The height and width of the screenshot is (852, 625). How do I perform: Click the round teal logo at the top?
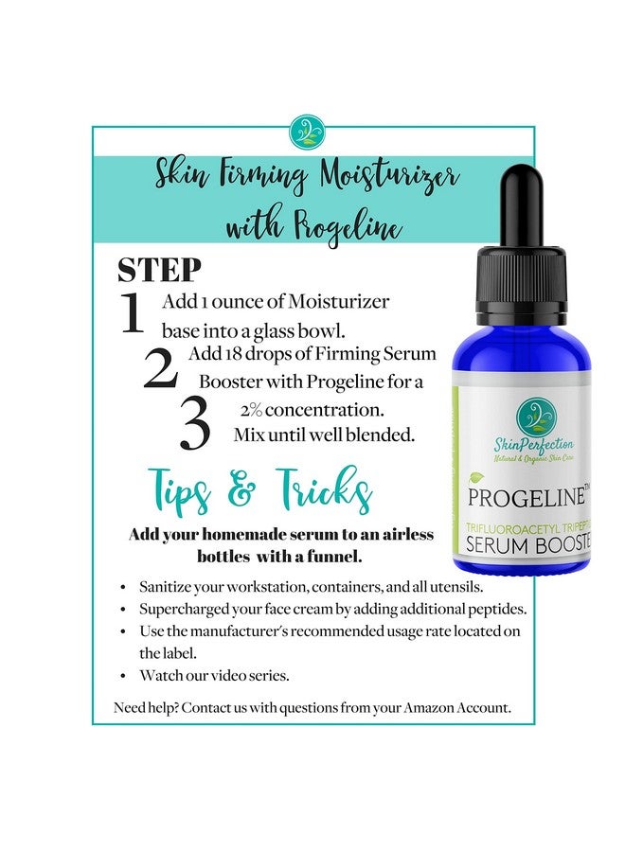307,132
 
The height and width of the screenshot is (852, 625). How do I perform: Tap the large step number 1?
133,315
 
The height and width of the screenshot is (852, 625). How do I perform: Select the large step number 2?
160,368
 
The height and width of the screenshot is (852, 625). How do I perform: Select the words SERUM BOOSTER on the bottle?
527,543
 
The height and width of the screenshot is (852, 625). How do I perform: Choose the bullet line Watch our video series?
206,675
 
